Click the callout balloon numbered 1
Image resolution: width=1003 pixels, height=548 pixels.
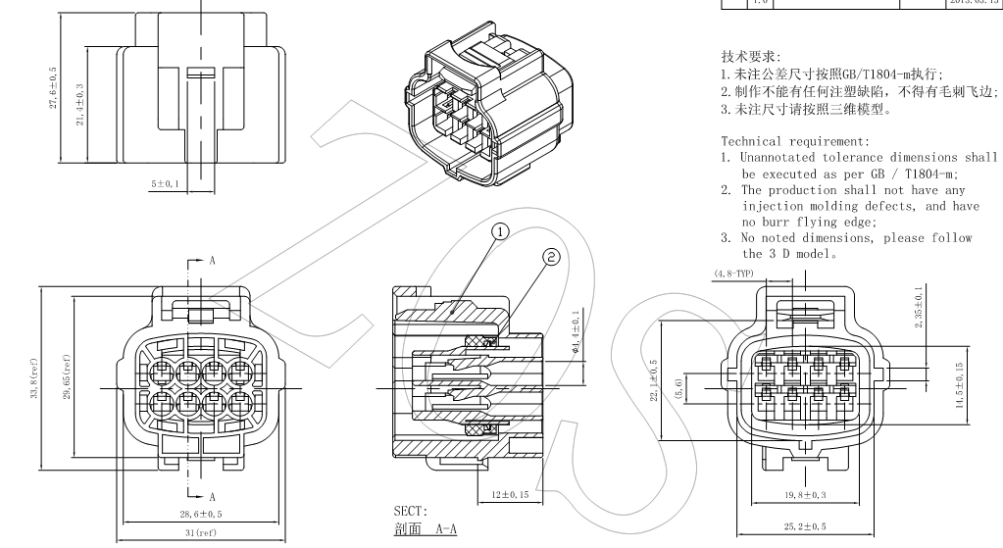point(501,232)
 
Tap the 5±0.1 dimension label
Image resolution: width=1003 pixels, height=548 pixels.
point(165,183)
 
